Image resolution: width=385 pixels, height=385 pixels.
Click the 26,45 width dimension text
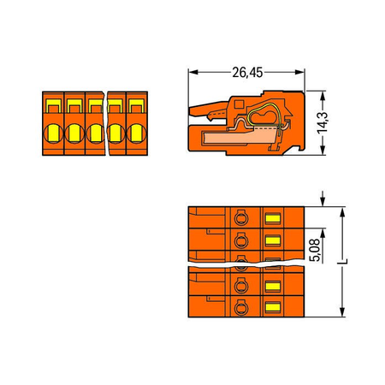(x=247, y=73)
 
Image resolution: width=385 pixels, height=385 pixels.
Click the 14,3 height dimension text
(x=323, y=122)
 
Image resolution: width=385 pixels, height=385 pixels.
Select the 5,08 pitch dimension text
(x=316, y=251)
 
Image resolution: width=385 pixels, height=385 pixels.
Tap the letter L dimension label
(x=343, y=261)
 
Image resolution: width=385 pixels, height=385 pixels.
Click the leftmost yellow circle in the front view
(x=53, y=133)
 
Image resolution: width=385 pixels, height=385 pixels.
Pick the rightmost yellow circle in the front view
(x=136, y=133)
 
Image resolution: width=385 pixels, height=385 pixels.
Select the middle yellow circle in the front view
(x=95, y=133)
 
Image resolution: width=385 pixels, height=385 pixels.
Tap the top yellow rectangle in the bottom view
(x=273, y=219)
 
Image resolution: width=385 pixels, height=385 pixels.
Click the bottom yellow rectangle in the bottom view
(x=273, y=307)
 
